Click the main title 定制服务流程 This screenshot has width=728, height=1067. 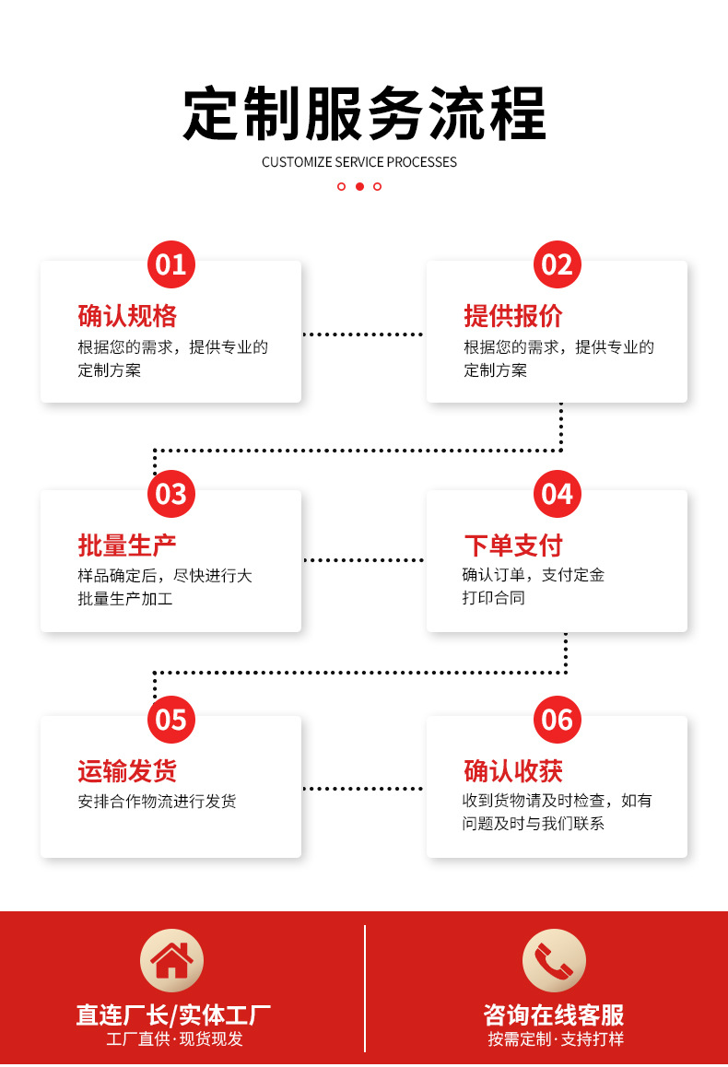(x=364, y=115)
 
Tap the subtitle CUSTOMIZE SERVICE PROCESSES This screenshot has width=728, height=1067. (x=359, y=162)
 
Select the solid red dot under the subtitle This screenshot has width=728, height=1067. (x=359, y=186)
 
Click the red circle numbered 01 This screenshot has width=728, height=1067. (x=171, y=265)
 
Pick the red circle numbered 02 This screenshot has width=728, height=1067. (x=558, y=265)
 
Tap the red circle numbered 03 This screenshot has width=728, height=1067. (x=171, y=494)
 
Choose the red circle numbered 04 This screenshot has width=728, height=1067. (x=558, y=494)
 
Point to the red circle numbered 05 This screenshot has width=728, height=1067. (x=171, y=720)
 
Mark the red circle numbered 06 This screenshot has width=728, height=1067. (x=558, y=720)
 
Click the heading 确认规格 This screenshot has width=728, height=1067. (x=127, y=316)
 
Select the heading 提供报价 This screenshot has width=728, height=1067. (x=513, y=316)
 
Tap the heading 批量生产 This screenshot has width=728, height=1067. (x=127, y=545)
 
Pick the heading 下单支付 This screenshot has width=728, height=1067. (x=513, y=545)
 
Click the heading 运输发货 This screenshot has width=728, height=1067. (x=127, y=771)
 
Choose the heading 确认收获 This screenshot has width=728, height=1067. (x=513, y=771)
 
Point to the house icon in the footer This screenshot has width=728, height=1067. (x=171, y=960)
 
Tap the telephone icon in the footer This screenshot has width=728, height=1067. (x=554, y=960)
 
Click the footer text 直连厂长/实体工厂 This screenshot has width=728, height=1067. (x=173, y=1015)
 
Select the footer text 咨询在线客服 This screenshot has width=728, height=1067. (x=554, y=1015)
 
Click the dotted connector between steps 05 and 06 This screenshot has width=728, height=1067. (x=363, y=789)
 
